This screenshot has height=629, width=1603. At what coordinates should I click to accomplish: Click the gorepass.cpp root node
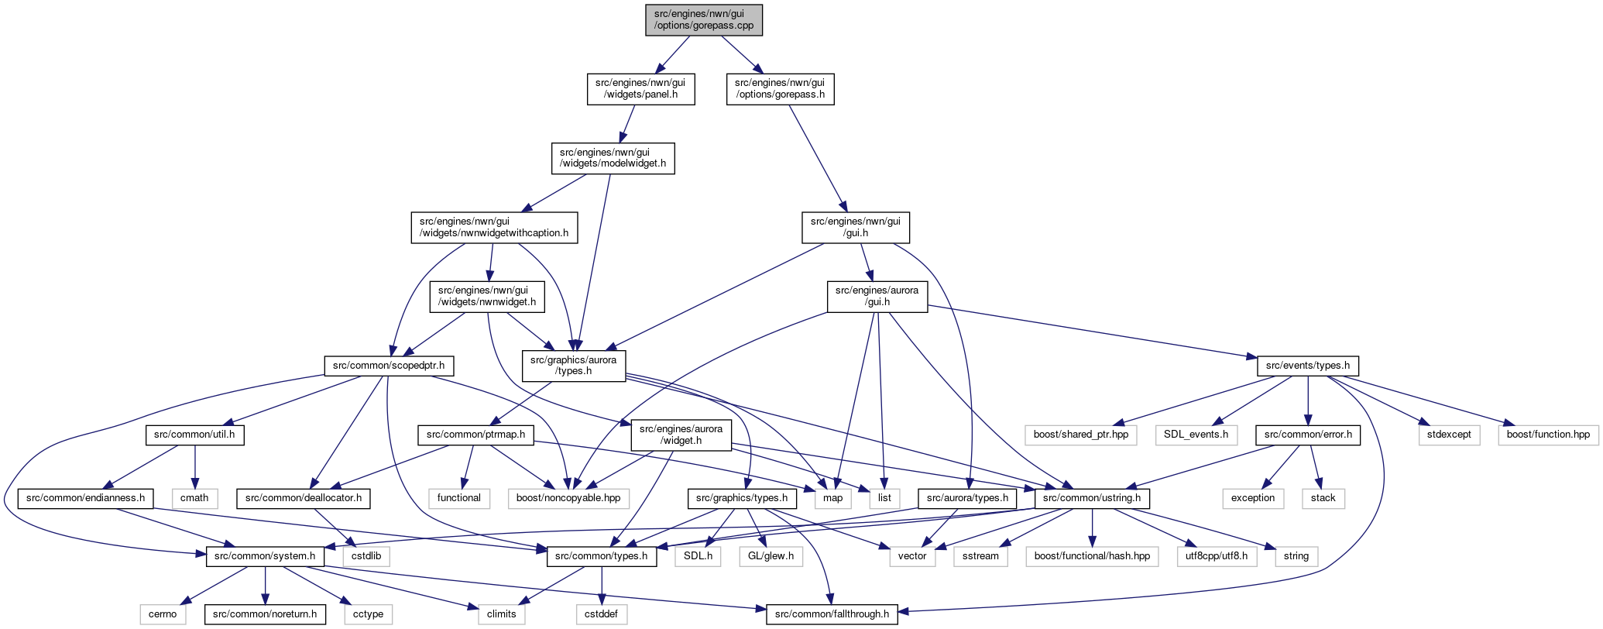pos(704,20)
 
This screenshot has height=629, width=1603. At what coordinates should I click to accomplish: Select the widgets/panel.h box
pos(640,89)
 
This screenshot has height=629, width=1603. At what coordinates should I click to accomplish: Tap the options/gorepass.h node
pos(779,89)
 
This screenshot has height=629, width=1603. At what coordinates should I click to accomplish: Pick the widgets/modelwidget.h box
pos(613,158)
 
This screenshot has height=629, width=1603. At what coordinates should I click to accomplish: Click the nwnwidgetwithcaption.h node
pos(494,228)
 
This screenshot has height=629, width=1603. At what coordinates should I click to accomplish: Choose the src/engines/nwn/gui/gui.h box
pos(856,228)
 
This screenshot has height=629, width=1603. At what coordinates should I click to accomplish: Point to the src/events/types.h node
pos(1308,366)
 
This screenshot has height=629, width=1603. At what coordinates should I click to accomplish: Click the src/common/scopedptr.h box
pos(389,366)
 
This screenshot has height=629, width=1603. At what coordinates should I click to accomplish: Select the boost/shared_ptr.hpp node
pos(1081,435)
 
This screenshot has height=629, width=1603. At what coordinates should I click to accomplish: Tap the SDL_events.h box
pos(1196,435)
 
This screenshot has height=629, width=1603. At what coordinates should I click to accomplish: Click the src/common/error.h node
pos(1308,435)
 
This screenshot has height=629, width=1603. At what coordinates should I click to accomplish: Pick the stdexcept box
pos(1449,435)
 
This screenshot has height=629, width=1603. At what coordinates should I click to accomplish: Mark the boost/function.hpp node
pos(1548,435)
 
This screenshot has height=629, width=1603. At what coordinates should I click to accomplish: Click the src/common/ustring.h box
pos(1092,498)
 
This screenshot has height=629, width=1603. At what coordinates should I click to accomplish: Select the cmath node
pos(194,498)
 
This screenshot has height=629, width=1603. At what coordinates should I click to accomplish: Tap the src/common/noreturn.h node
pos(265,614)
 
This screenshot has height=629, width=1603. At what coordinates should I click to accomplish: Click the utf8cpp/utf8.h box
pos(1217,556)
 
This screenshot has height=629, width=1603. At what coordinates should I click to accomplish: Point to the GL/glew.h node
pos(771,556)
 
